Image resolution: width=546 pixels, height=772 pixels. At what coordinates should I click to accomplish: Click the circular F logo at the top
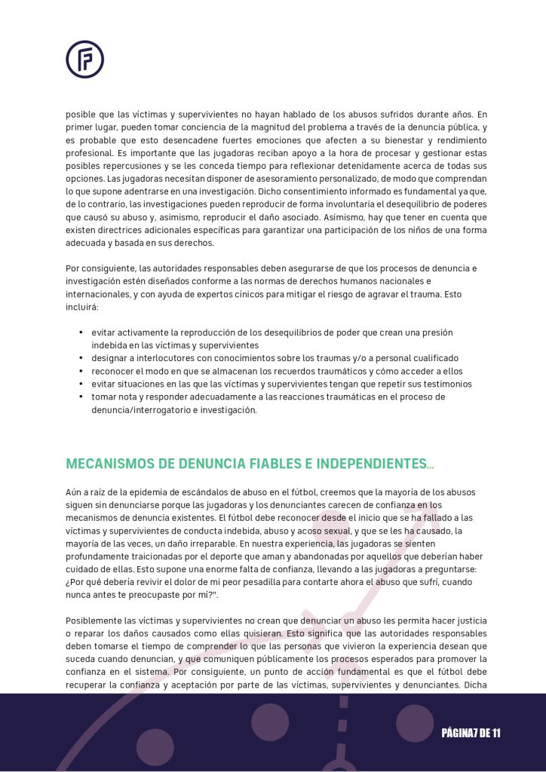pyautogui.click(x=84, y=60)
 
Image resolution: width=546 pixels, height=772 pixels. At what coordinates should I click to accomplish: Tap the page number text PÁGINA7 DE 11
pyautogui.click(x=471, y=733)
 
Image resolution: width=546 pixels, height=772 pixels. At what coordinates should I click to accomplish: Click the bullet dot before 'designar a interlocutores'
pyautogui.click(x=81, y=358)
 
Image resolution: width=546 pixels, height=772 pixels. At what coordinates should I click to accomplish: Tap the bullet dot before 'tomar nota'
pyautogui.click(x=81, y=397)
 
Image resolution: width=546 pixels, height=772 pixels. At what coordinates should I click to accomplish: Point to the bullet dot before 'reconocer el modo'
pyautogui.click(x=81, y=371)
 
